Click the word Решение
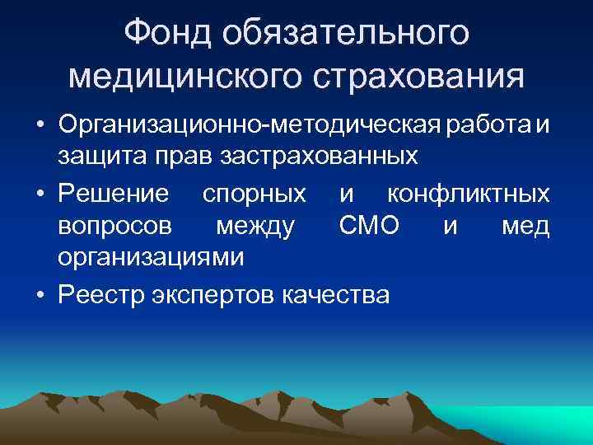pyautogui.click(x=114, y=194)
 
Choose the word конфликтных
pyautogui.click(x=468, y=194)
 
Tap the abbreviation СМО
pyautogui.click(x=368, y=226)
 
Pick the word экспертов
pyautogui.click(x=215, y=294)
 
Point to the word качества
pyautogui.click(x=335, y=294)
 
